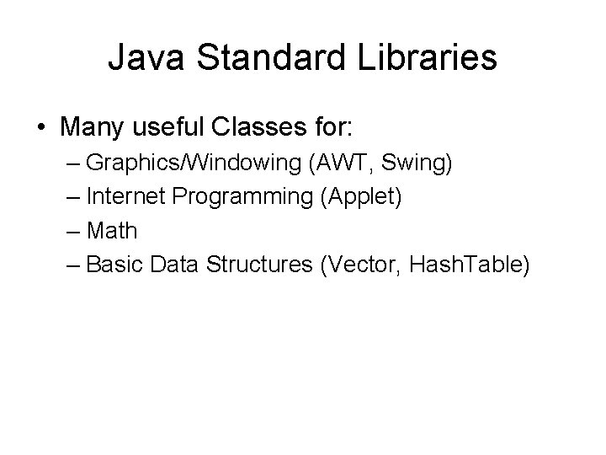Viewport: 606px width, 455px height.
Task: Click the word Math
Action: [111, 230]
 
